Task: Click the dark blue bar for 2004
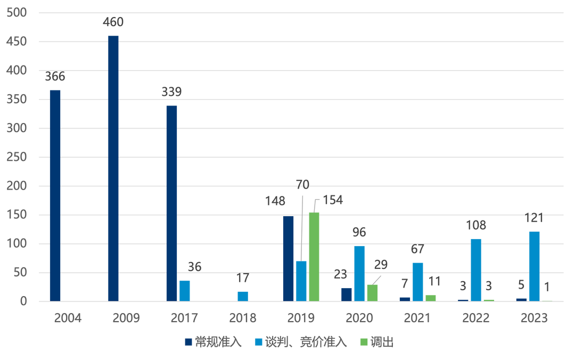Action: [55, 195]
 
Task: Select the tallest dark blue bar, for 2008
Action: [113, 168]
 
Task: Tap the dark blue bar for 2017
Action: [171, 202]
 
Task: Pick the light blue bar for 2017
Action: [185, 290]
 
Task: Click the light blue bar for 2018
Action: [243, 296]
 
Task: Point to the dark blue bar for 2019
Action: [288, 258]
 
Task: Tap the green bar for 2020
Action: [372, 292]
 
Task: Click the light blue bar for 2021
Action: [417, 281]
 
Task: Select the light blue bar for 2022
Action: [476, 269]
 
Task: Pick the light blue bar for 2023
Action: [534, 265]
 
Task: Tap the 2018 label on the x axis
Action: [242, 318]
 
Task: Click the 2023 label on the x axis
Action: [534, 318]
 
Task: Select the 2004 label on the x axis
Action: [68, 318]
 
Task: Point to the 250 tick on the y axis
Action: [14, 157]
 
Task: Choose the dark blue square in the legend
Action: [188, 342]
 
